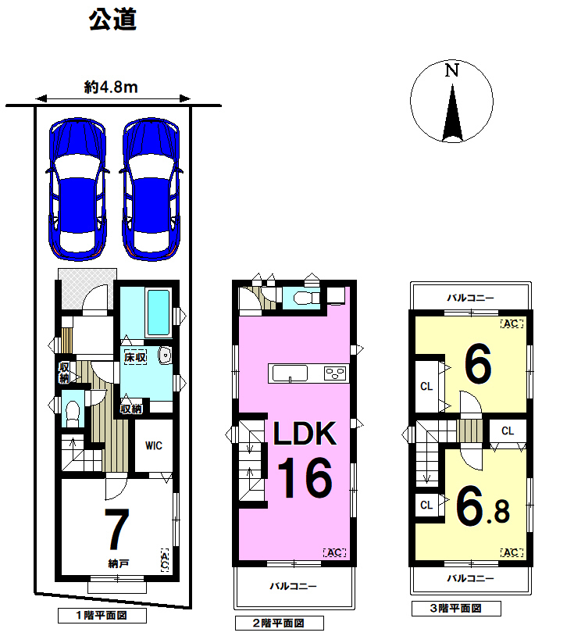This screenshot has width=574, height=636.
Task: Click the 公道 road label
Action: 112,20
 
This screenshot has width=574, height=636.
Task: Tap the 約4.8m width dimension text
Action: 111,87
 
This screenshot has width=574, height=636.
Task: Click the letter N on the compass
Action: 451,70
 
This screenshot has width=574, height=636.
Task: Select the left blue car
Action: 78,189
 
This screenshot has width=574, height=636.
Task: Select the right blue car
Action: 151,189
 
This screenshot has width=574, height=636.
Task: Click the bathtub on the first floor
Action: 158,313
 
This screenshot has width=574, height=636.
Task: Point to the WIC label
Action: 154,445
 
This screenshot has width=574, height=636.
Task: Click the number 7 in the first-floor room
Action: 117,528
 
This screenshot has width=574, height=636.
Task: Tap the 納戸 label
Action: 119,563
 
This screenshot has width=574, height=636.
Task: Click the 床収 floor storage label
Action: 135,357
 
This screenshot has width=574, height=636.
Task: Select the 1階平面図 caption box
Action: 102,616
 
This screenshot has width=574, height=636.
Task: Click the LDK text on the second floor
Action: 305,434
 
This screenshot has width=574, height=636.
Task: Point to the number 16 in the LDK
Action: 305,478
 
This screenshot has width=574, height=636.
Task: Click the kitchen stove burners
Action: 335,373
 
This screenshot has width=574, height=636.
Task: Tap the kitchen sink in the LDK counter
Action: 290,373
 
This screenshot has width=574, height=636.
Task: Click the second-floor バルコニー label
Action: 293,586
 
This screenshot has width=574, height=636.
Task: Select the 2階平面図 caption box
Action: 280,623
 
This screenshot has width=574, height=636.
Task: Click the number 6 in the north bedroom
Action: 478,363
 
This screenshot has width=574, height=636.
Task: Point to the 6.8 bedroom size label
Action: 483,507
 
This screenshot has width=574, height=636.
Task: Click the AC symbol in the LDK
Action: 334,552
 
